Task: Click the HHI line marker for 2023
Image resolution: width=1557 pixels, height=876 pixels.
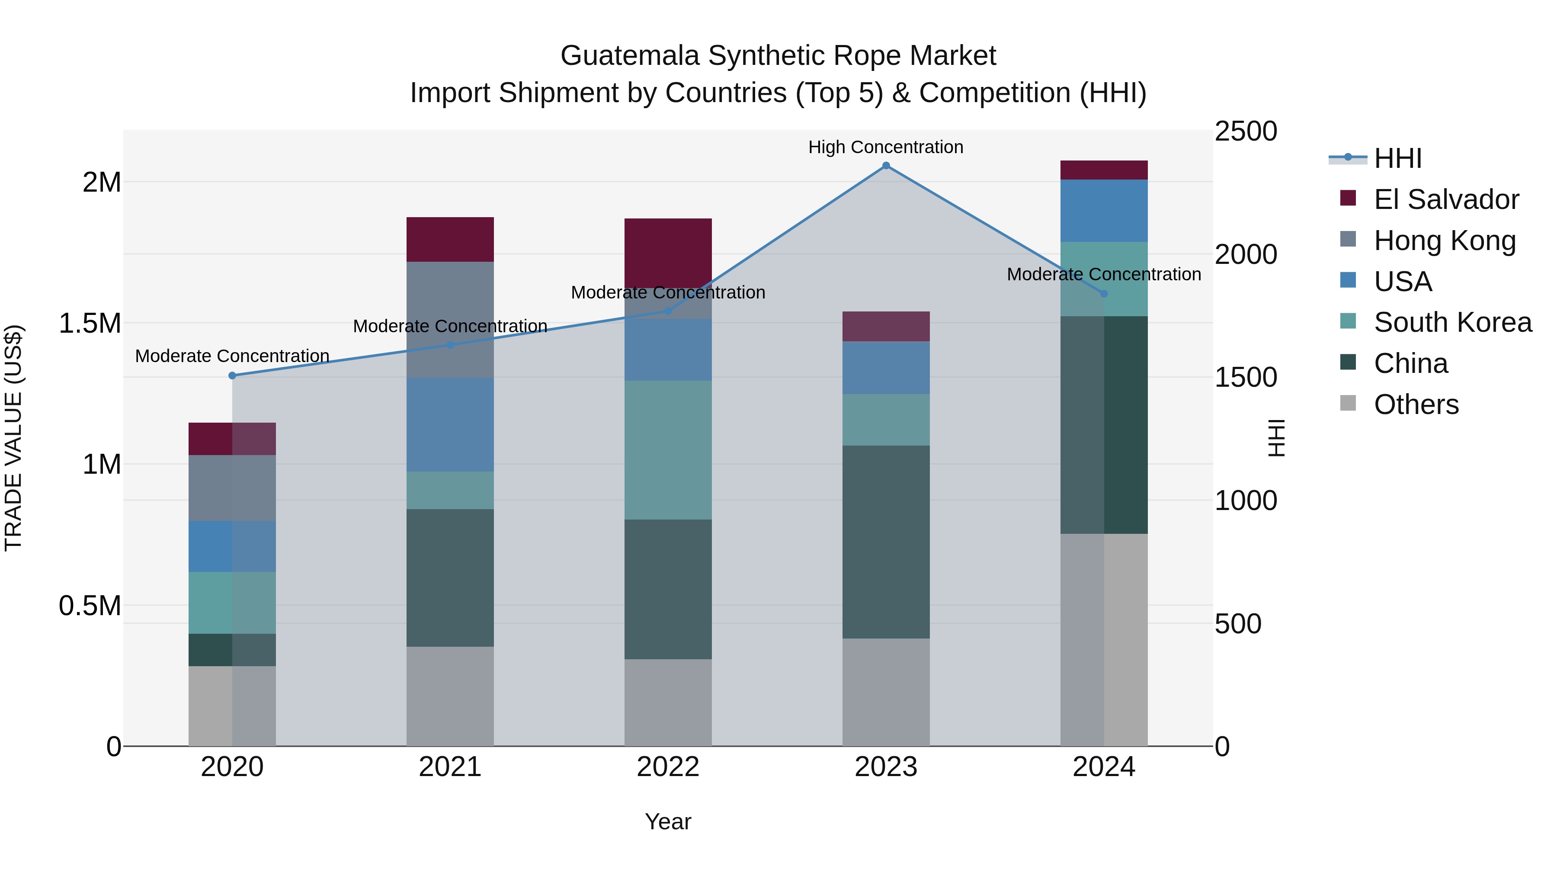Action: [x=885, y=166]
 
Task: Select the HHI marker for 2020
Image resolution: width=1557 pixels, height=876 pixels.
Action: [x=232, y=375]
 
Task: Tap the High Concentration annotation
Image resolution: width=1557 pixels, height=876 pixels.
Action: [x=885, y=147]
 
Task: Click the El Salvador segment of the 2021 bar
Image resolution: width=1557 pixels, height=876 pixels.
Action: [x=450, y=239]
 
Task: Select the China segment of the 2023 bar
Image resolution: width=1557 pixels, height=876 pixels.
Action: [x=885, y=542]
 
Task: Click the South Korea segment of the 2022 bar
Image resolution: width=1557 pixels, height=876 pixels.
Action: [x=668, y=450]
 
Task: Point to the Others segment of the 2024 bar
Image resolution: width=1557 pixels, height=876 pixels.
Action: [x=1104, y=640]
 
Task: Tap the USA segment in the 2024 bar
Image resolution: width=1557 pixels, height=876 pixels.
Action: [x=1104, y=210]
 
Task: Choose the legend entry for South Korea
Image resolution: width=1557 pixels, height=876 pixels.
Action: [x=1452, y=322]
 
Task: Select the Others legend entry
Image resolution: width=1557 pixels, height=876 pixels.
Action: [x=1416, y=404]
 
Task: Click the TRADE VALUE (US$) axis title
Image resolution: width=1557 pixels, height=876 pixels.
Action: [x=13, y=438]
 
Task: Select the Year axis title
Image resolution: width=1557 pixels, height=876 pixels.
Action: [x=668, y=821]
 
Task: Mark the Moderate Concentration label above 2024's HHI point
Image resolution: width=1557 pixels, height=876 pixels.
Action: [x=1104, y=274]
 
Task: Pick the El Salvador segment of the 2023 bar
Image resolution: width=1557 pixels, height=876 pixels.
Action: [x=885, y=327]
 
